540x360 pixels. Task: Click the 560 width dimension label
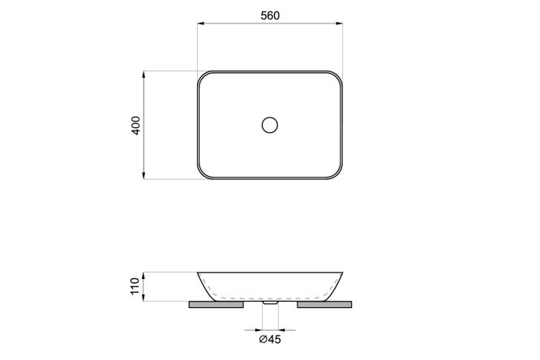270,15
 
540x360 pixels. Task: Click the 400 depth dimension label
136,126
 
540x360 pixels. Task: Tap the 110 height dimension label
135,286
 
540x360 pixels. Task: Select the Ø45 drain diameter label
270,340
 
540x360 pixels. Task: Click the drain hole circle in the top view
270,125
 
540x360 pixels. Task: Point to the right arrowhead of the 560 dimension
339,24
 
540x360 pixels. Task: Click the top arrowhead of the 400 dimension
144,75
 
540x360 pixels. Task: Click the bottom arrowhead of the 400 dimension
144,175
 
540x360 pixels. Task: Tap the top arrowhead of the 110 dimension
144,276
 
